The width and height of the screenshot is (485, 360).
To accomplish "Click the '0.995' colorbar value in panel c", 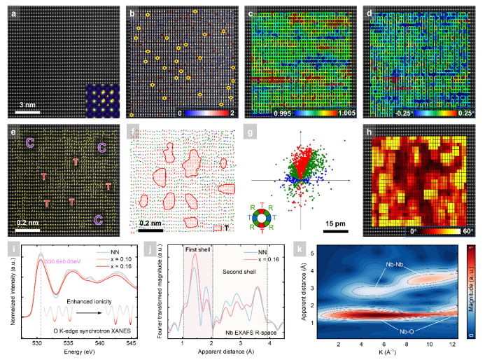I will pyautogui.click(x=266, y=112).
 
